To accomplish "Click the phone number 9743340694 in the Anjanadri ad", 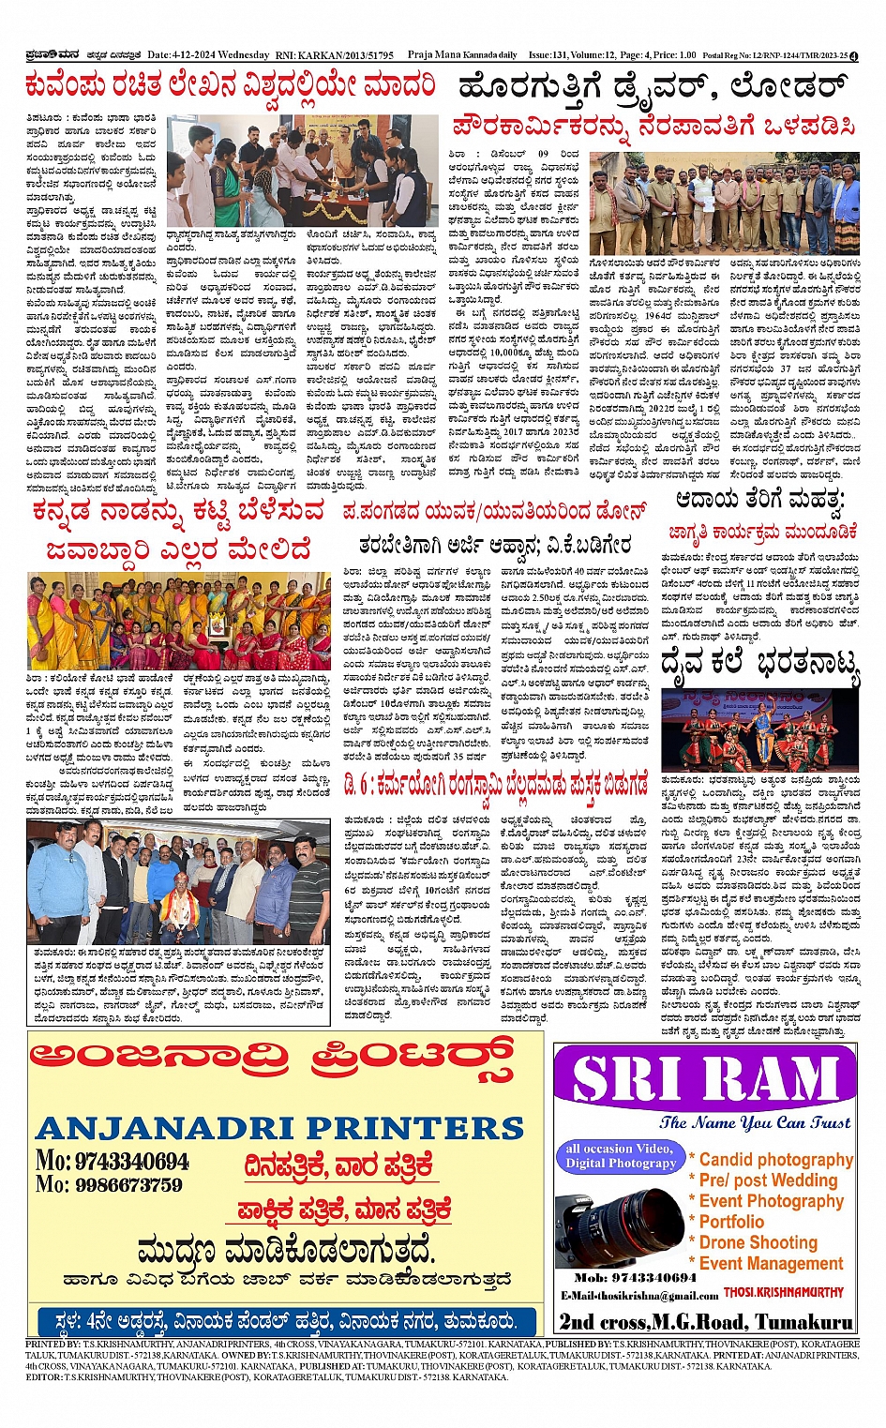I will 130,1162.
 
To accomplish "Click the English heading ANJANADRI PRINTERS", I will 279,1127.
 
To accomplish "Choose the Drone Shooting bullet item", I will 758,1242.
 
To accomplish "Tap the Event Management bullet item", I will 771,1263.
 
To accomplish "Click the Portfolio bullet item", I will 731,1222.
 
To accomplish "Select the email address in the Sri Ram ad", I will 640,1296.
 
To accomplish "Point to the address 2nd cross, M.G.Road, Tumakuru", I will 706,1322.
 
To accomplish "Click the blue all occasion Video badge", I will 619,1155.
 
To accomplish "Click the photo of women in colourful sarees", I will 179,621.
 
